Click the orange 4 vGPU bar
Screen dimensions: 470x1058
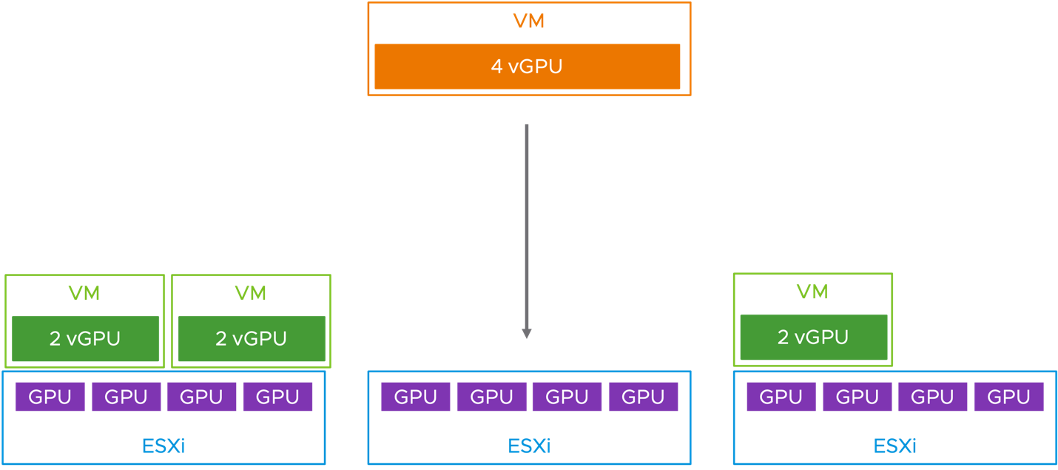click(527, 67)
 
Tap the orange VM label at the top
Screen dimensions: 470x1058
click(528, 21)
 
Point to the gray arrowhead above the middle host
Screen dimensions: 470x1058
click(526, 333)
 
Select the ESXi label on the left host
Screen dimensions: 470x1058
click(163, 446)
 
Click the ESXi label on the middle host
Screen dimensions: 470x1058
click(529, 446)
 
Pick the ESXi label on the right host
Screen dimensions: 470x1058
click(894, 446)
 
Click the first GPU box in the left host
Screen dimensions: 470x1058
click(50, 397)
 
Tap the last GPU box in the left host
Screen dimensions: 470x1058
click(277, 397)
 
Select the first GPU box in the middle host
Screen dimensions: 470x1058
click(416, 397)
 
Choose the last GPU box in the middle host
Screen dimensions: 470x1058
click(643, 397)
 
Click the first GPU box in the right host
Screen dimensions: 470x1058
click(781, 397)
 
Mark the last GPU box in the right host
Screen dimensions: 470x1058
click(1008, 397)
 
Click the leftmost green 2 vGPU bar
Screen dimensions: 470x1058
click(85, 338)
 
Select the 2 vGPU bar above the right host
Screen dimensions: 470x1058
click(813, 337)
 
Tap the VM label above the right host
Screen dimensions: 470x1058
click(812, 292)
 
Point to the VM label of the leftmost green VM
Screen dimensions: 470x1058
click(84, 293)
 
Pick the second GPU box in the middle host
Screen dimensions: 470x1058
click(491, 397)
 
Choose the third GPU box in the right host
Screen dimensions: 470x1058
click(932, 397)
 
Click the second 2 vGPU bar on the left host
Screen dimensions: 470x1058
click(251, 338)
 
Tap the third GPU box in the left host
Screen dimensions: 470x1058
click(201, 397)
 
